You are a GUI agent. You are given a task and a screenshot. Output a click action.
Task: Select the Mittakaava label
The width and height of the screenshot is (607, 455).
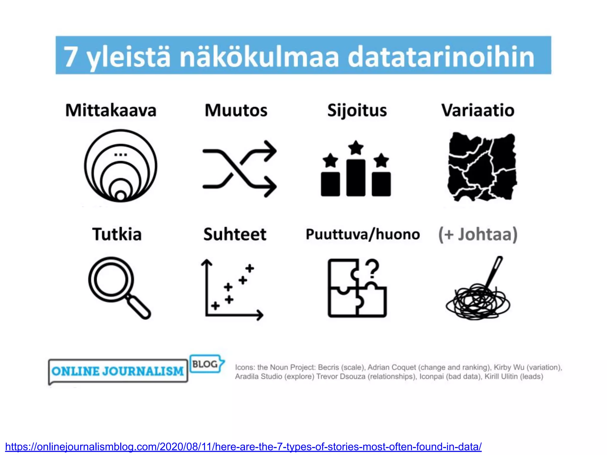111,110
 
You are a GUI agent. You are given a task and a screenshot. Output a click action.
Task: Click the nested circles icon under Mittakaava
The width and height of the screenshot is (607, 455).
121,166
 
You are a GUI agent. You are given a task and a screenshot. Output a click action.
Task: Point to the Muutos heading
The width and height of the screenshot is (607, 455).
236,110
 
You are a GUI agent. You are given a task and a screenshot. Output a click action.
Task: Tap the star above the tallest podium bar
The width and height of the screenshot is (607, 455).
356,147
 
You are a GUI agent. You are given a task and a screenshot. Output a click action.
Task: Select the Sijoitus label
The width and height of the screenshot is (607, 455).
357,110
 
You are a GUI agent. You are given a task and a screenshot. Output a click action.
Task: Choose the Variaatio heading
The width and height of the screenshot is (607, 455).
478,110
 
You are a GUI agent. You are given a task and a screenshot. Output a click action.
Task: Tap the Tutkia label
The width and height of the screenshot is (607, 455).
117,234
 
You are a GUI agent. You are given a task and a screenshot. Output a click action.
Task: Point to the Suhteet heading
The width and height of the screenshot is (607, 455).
235,234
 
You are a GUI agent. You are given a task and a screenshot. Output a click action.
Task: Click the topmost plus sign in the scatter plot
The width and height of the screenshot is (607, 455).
250,268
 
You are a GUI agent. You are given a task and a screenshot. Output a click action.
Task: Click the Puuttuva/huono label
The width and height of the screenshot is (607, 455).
363,234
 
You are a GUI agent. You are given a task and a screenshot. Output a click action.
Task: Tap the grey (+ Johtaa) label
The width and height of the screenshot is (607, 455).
478,234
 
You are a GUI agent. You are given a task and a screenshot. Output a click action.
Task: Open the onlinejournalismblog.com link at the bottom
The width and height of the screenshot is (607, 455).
243,446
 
